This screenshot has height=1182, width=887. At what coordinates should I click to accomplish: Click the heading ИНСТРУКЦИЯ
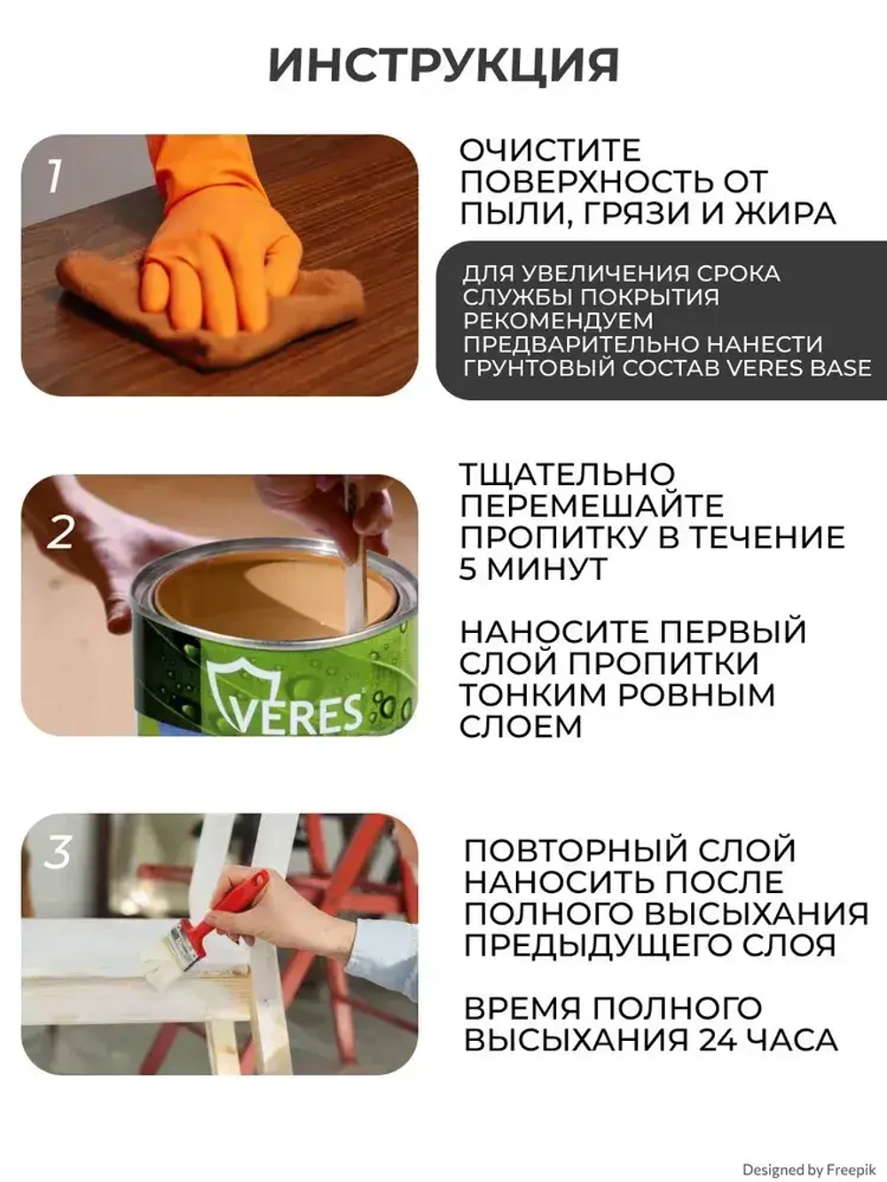pos(443,65)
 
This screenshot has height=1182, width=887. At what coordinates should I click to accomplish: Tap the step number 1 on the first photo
pos(54,176)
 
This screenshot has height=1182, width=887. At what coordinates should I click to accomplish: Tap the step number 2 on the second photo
pos(60,533)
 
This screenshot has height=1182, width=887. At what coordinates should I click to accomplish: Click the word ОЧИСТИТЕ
pos(549,150)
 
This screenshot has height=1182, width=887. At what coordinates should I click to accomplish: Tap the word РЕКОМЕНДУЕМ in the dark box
pos(557,320)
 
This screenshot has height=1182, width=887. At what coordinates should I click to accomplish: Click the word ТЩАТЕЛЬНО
pos(567,474)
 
